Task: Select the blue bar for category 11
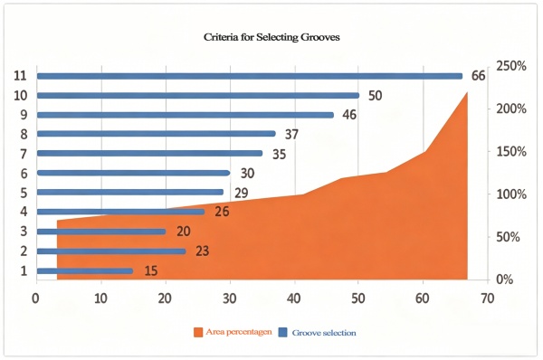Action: (249, 76)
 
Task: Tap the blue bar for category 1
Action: (84, 270)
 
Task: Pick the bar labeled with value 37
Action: (156, 134)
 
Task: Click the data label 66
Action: (479, 76)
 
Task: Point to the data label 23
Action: (202, 251)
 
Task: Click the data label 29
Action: (240, 193)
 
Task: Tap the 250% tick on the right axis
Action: (512, 66)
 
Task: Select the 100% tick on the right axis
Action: (512, 194)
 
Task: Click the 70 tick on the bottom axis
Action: (487, 298)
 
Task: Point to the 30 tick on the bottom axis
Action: (230, 298)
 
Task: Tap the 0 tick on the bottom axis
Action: (36, 298)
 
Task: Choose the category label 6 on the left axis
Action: (21, 174)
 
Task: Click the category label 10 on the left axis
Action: (19, 96)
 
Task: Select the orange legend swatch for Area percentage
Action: (199, 333)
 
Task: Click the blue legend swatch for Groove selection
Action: (282, 333)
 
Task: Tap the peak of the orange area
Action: (467, 92)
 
